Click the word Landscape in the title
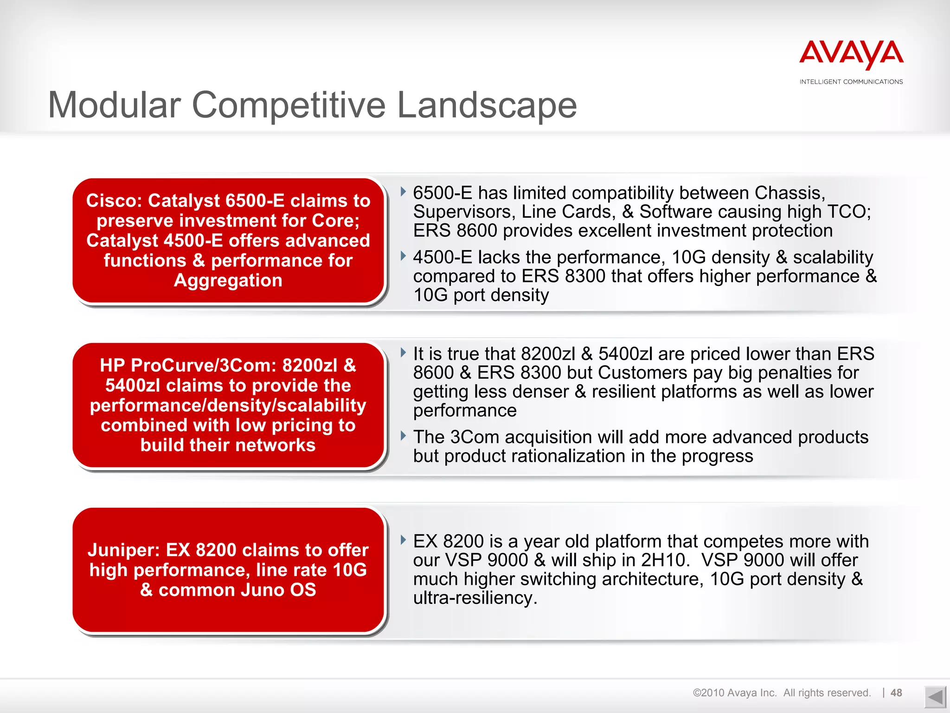(x=487, y=105)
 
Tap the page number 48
(x=896, y=693)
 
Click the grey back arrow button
(x=935, y=697)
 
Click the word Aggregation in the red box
(x=228, y=280)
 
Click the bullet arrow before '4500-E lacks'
(x=403, y=256)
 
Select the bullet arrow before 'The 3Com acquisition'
(x=403, y=436)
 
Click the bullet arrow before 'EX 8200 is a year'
(x=403, y=540)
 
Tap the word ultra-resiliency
(x=475, y=598)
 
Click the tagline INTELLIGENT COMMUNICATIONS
(x=851, y=82)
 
